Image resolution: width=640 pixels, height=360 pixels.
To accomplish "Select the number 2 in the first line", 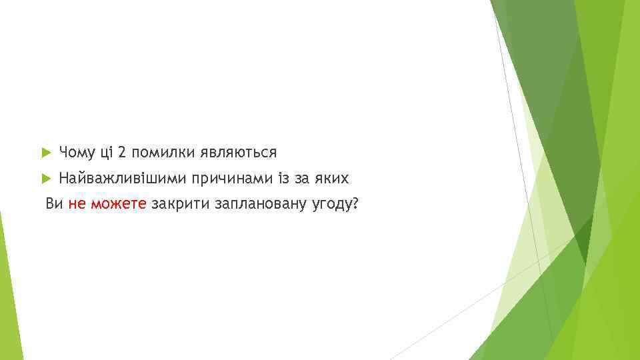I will coord(122,153).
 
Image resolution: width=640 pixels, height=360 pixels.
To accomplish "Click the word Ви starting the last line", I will coord(53,203).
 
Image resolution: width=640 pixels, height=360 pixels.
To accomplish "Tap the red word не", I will coord(76,204).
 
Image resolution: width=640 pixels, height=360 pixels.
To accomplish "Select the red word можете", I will coord(118,204).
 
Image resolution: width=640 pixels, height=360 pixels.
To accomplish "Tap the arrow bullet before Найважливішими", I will coord(46,179).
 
